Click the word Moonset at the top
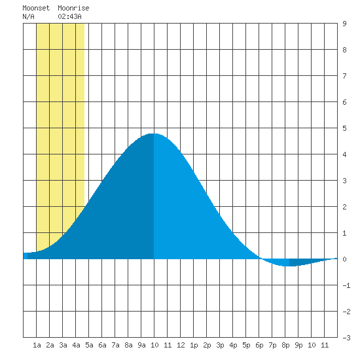(x=36, y=8)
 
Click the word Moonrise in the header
(x=73, y=8)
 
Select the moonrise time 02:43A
(x=69, y=16)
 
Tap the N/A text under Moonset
(x=28, y=16)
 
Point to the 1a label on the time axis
(x=37, y=345)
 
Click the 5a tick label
(x=89, y=345)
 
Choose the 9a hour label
(x=141, y=345)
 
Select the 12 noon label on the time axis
(x=181, y=345)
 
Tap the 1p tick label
(x=194, y=345)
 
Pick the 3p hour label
(x=220, y=345)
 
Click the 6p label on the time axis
(x=259, y=345)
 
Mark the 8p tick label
(x=285, y=345)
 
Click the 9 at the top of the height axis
(x=344, y=24)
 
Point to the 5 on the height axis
(x=344, y=128)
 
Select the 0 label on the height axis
(x=344, y=259)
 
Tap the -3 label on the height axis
(x=346, y=338)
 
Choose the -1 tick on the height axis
(x=346, y=285)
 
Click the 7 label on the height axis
(x=344, y=76)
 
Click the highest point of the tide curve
(x=153, y=134)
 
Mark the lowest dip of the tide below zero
(x=290, y=266)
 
